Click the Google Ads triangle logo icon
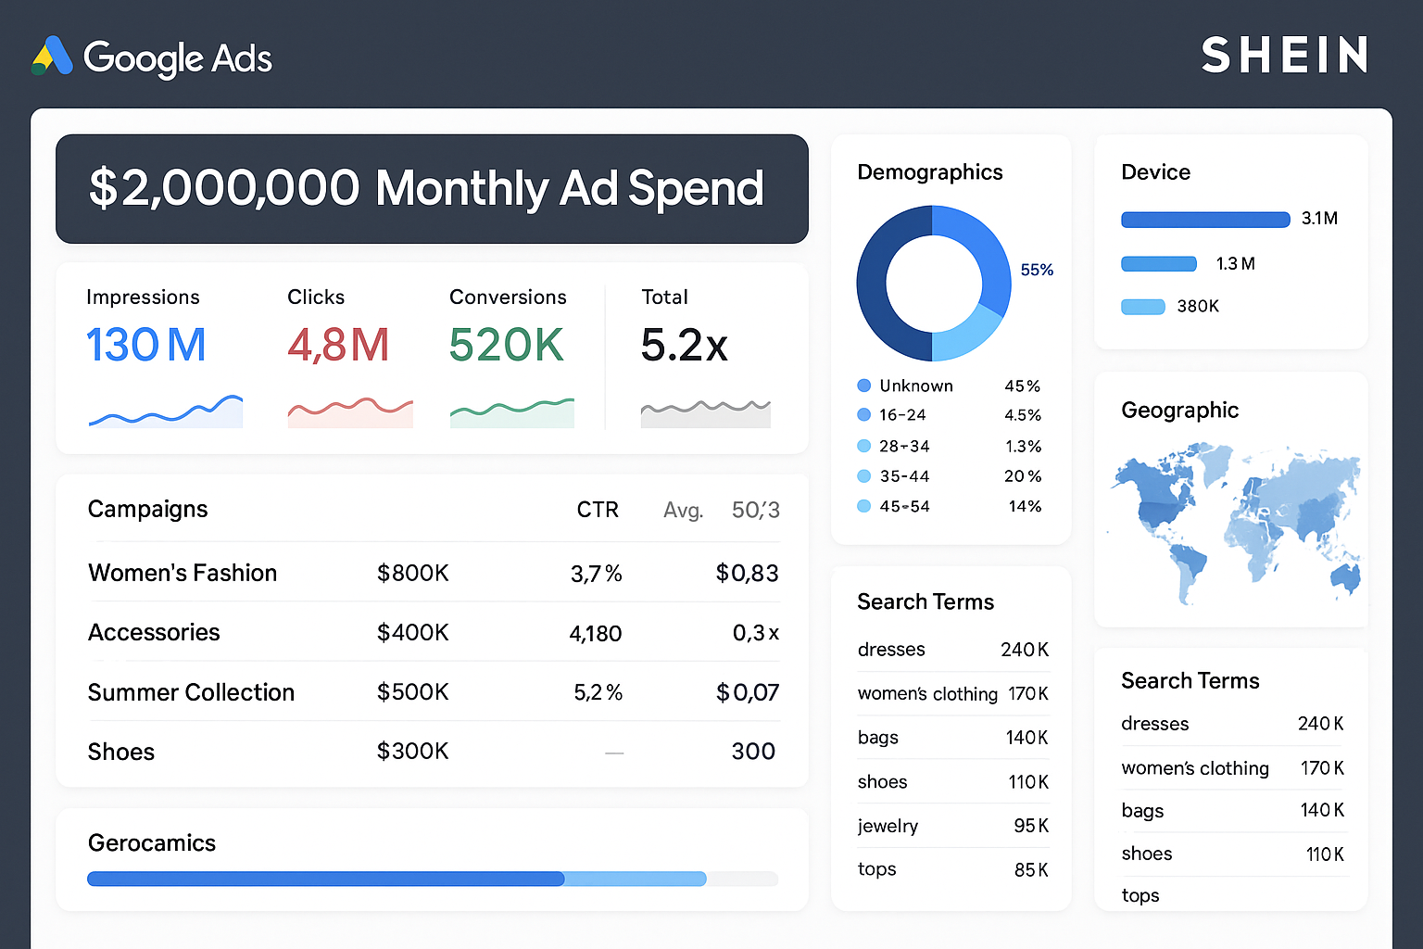click(x=53, y=57)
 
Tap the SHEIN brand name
click(x=1284, y=56)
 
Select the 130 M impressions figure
click(x=146, y=346)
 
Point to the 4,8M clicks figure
click(x=338, y=346)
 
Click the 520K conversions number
click(x=506, y=346)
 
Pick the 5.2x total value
click(x=684, y=346)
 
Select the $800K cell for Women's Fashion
click(x=412, y=574)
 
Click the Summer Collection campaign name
click(x=191, y=692)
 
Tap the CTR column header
click(x=598, y=510)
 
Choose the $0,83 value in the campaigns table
click(x=747, y=574)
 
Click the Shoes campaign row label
click(x=121, y=752)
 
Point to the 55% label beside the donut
click(x=1037, y=270)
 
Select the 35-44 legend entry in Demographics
click(x=904, y=476)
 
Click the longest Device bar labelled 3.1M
click(x=1205, y=220)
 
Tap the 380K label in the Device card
click(x=1198, y=307)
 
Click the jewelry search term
click(x=888, y=826)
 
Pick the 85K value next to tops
click(x=1031, y=870)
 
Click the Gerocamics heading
click(x=152, y=842)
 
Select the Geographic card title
click(x=1179, y=411)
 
